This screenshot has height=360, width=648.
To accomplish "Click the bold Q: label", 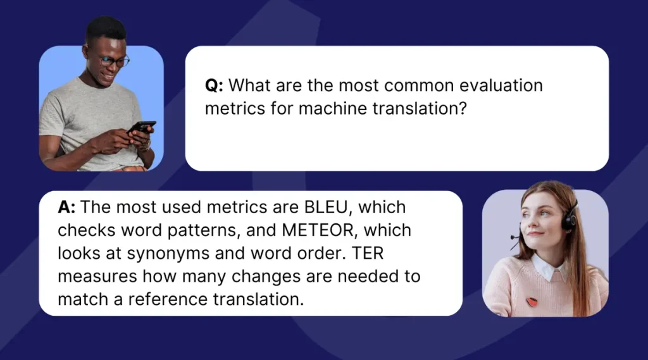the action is click(x=214, y=85).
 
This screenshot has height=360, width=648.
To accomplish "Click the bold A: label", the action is click(x=66, y=207).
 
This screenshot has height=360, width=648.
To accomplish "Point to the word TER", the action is click(x=368, y=253).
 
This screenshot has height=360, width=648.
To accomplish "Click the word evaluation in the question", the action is click(x=501, y=85).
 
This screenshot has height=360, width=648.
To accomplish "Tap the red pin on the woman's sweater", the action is click(x=532, y=302).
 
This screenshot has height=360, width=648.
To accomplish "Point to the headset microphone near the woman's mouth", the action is click(x=514, y=237).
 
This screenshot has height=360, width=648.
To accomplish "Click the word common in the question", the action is click(x=419, y=85).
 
